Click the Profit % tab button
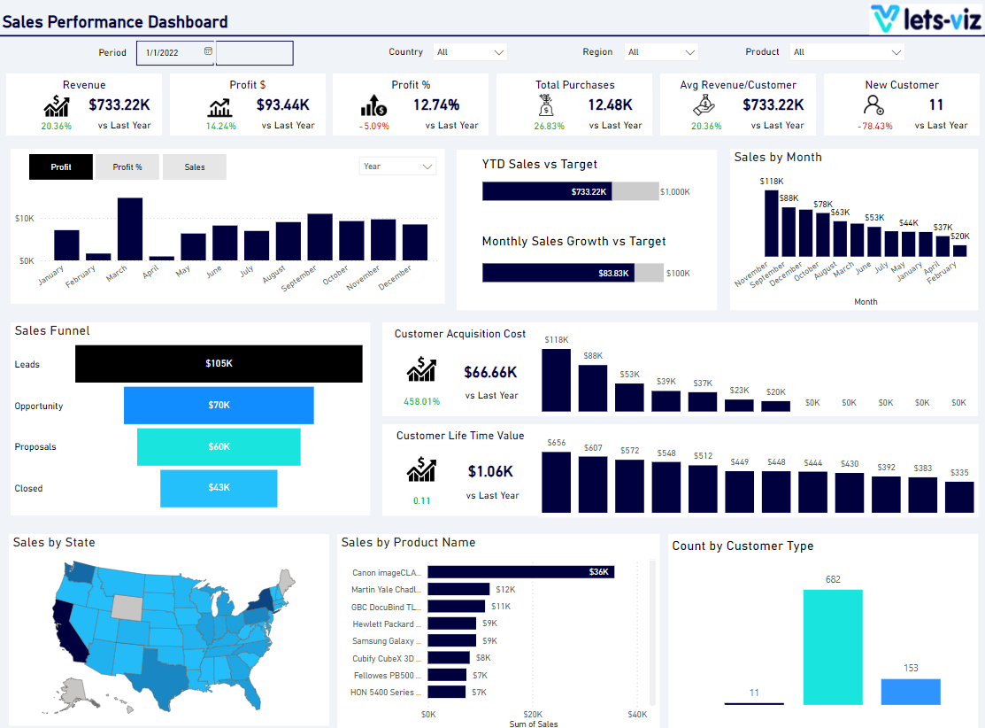[x=127, y=167]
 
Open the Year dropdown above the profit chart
[x=397, y=167]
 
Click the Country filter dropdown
[x=470, y=52]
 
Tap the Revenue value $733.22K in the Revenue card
[x=119, y=105]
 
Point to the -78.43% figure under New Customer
[x=874, y=126]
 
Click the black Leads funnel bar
[x=219, y=364]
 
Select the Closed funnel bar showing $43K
[x=219, y=488]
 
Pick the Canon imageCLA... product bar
[x=520, y=572]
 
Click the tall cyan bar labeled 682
[x=833, y=647]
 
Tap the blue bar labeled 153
[x=911, y=692]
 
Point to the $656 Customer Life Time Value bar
[x=556, y=483]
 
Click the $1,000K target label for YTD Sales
[x=675, y=191]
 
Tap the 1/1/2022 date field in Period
[x=175, y=53]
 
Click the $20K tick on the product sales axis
[x=533, y=714]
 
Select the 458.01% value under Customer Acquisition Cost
[x=422, y=401]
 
